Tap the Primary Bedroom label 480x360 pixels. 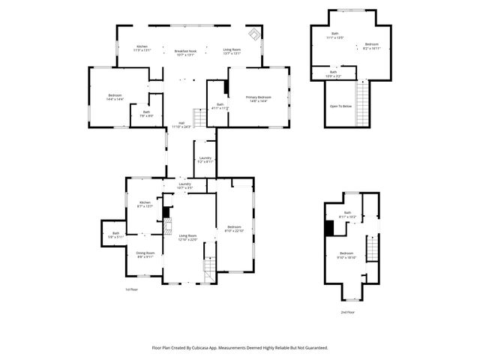(258, 99)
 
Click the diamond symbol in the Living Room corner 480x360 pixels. (254, 34)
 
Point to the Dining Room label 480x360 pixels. (145, 255)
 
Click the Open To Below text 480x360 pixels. (340, 106)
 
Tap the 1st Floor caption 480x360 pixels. (131, 289)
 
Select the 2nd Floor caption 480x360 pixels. (347, 311)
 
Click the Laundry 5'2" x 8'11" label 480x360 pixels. (205, 160)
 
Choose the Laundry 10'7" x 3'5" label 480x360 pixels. (184, 185)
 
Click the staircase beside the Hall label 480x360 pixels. (199, 118)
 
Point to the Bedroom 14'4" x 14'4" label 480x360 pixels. (115, 97)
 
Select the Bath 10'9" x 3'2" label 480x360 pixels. (332, 73)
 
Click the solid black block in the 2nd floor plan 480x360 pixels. (328, 228)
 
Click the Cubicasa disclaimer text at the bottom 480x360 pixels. (240, 348)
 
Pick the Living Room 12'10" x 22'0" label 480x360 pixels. (187, 238)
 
